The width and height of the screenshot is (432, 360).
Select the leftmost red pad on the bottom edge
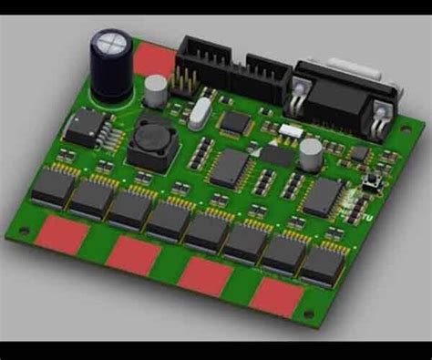pyautogui.click(x=63, y=234)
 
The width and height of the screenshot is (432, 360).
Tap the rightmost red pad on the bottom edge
pyautogui.click(x=277, y=296)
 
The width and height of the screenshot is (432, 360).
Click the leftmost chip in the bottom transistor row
pyautogui.click(x=53, y=187)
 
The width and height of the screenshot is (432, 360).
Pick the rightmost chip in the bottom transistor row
pyautogui.click(x=322, y=264)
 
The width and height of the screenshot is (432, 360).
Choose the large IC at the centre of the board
pyautogui.click(x=230, y=166)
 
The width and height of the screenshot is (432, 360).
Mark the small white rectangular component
pyautogui.click(x=291, y=130)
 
